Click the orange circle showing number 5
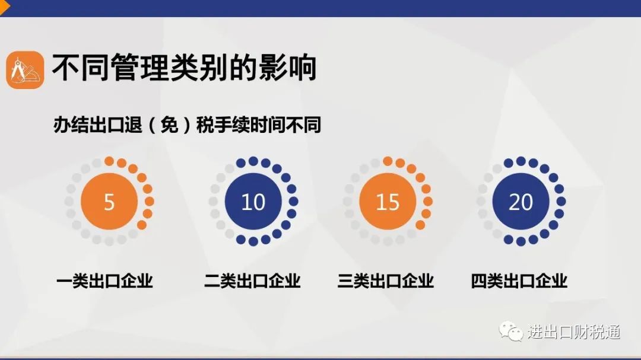109,201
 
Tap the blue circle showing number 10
253,201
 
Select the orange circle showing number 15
388,201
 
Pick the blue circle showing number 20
521,201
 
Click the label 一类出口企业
104,281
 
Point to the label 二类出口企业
252,281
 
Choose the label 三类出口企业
386,281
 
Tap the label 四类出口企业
519,281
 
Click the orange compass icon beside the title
25,69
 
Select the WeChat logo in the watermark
510,331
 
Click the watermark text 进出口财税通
574,332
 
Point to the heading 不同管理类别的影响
185,68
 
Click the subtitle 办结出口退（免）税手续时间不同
187,125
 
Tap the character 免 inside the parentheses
169,125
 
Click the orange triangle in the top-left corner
5,7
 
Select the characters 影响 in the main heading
288,68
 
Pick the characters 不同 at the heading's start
81,68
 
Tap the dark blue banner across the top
320,8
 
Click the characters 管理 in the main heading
140,68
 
